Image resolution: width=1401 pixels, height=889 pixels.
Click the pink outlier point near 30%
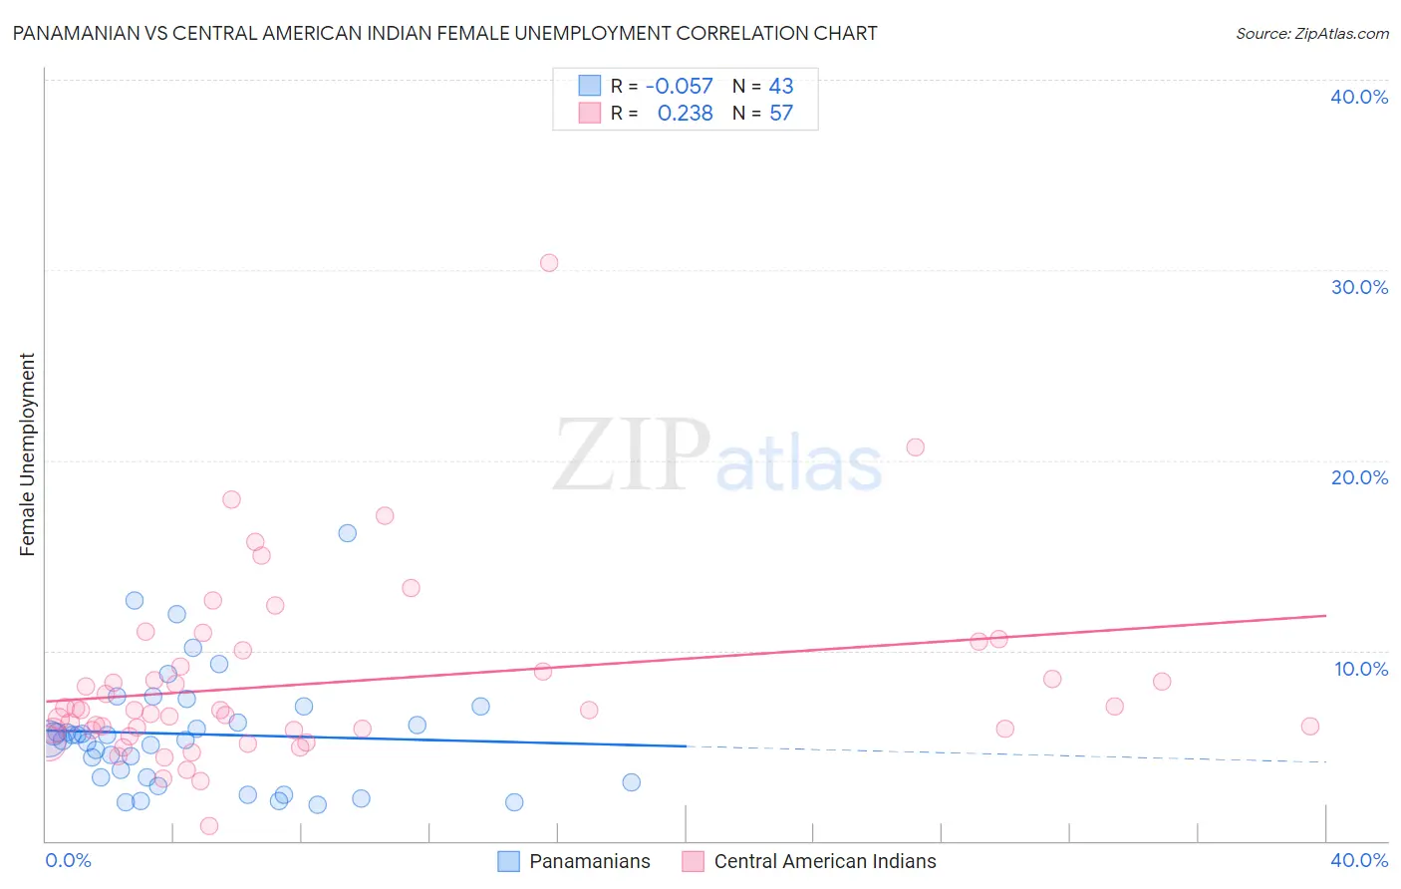(x=549, y=263)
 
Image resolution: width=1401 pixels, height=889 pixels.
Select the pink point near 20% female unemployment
(x=915, y=447)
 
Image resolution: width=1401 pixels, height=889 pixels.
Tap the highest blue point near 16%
(x=347, y=533)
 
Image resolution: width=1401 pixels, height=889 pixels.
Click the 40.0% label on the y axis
(x=1359, y=97)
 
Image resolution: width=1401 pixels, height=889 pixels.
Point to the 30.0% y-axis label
(x=1359, y=287)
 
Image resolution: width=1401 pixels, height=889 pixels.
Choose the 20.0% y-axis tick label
(x=1359, y=477)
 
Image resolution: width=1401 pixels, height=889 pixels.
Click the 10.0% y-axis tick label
(x=1361, y=669)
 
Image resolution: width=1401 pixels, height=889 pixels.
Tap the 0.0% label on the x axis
(x=69, y=860)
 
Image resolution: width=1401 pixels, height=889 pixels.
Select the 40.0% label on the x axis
(x=1359, y=860)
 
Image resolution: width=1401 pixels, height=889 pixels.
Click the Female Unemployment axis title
(x=27, y=454)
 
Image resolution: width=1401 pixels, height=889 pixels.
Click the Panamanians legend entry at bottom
(x=589, y=861)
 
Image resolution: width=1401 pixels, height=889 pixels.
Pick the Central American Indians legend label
(x=825, y=861)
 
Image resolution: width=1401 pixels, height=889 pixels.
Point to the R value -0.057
(x=680, y=87)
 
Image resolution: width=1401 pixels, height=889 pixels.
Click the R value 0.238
(x=686, y=114)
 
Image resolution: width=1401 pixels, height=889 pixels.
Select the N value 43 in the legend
(x=781, y=87)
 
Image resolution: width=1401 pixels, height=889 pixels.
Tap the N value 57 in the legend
(x=781, y=114)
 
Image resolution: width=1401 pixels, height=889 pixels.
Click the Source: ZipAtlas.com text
(x=1311, y=34)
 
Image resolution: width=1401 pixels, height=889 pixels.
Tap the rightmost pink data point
(x=1310, y=727)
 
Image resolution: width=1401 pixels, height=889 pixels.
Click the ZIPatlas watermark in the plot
(x=717, y=457)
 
